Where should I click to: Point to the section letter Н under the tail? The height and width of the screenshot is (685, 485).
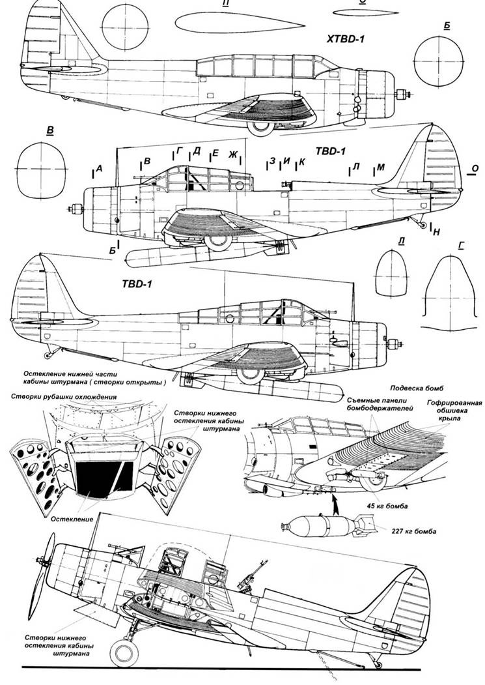click(437, 231)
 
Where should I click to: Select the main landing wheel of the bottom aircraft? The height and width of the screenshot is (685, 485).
click(126, 652)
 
